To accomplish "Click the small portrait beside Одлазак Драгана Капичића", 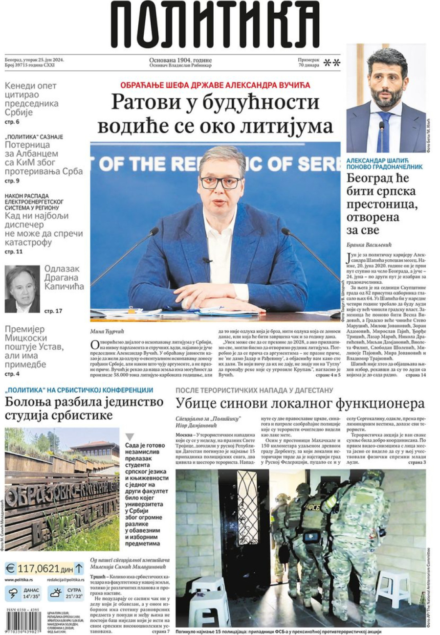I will (22, 289).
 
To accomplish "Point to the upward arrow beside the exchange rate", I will (79, 568).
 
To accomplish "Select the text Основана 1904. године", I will (181, 59).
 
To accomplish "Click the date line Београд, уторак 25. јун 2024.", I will (34, 59).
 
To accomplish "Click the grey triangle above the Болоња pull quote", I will (130, 437).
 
